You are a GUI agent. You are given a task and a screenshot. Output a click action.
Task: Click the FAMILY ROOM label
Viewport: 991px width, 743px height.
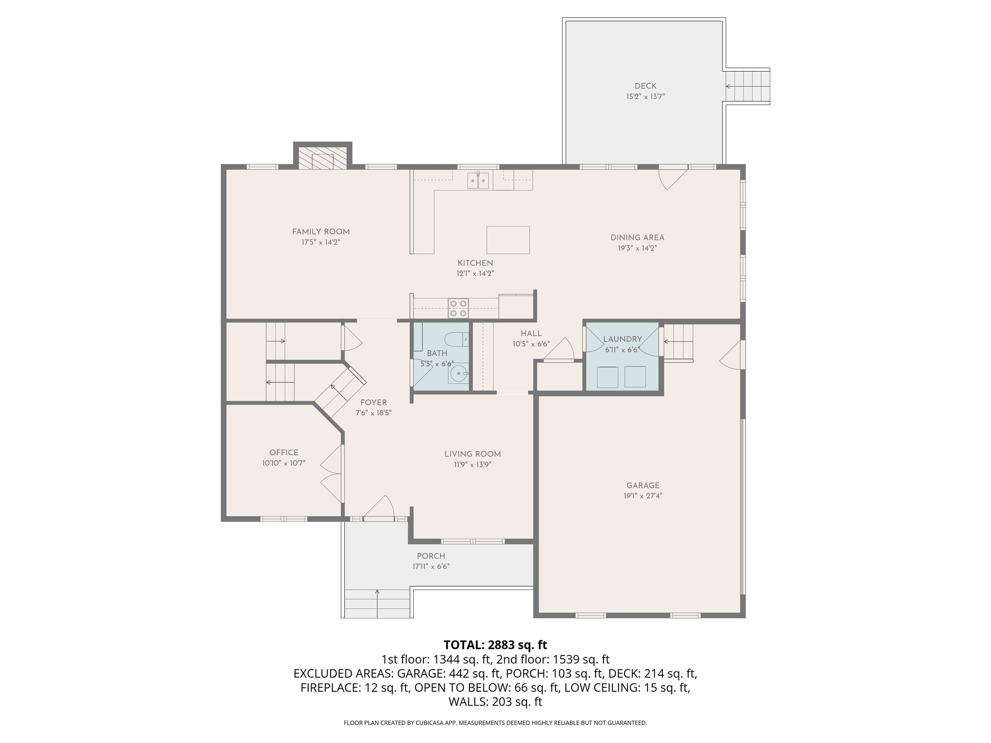(320, 232)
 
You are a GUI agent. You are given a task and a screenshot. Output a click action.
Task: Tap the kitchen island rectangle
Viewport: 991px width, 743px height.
(508, 240)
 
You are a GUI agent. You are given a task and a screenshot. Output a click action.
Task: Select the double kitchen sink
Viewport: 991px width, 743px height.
(479, 180)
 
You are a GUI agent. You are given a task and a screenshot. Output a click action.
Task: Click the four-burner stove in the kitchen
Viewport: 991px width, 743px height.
(459, 308)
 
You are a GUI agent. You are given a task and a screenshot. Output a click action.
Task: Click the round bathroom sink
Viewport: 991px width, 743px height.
(458, 373)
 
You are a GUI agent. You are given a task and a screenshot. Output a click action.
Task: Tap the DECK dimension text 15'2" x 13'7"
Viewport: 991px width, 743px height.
(646, 97)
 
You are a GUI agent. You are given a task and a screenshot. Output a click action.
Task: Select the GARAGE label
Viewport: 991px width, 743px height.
(643, 486)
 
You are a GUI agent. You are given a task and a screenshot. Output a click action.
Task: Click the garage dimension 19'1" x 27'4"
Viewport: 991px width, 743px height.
(643, 496)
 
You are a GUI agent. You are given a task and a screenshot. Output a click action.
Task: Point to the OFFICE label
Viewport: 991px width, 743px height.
(284, 453)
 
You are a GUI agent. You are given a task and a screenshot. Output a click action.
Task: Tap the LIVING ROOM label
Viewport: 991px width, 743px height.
(472, 454)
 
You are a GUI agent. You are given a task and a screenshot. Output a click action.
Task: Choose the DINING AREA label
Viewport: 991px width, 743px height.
(637, 238)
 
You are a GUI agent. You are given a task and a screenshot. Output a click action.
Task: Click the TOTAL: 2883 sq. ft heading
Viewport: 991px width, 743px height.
(495, 645)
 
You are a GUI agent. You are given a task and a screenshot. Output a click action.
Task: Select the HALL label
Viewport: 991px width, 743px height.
(531, 334)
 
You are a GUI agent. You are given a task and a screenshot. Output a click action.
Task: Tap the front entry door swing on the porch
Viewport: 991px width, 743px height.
(380, 508)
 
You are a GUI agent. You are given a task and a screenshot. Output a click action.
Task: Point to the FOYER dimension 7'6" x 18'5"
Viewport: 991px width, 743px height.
(373, 413)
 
